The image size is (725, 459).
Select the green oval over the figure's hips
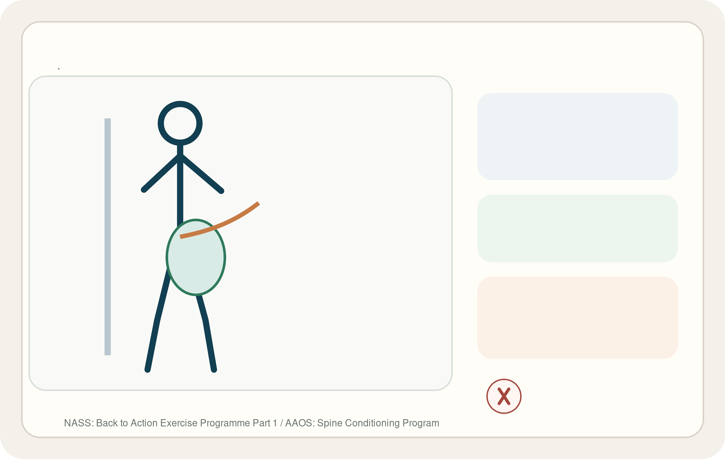point(196,257)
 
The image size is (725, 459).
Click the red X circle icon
point(504,396)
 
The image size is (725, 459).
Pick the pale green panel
point(577,228)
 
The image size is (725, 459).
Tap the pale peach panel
point(577,317)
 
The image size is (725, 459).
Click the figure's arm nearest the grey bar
point(161,173)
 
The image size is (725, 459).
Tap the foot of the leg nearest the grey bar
point(148,370)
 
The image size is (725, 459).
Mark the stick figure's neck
point(180,150)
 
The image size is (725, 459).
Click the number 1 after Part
point(274,423)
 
